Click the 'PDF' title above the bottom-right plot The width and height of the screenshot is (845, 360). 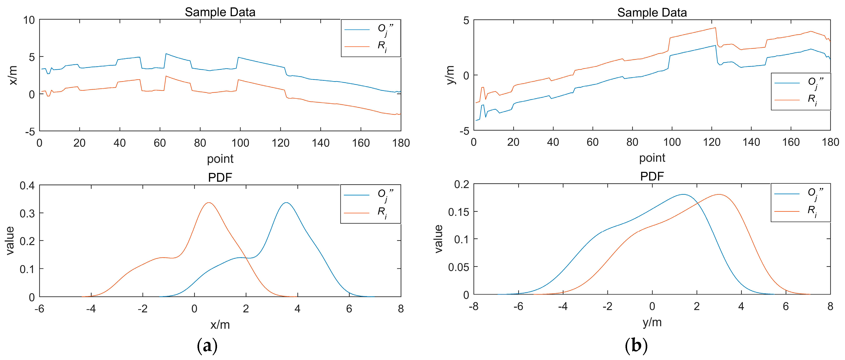652,177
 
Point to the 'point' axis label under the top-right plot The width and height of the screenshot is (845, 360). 652,158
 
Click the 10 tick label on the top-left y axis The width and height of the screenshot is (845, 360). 29,20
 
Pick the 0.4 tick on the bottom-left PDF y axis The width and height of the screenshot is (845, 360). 27,186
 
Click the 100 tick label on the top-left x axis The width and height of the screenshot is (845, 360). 240,143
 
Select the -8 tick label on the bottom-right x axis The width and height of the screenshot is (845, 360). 473,306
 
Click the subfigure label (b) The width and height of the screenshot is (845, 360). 636,346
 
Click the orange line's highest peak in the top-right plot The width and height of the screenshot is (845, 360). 715,28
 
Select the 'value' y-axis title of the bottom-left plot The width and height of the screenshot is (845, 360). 10,241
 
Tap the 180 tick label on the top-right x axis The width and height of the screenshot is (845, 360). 830,142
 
